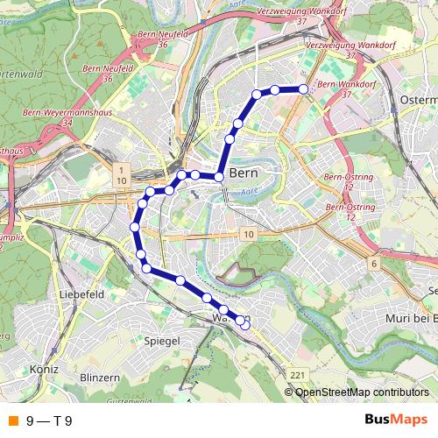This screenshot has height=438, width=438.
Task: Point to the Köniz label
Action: coord(43,370)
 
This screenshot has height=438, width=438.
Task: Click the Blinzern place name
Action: coord(99,376)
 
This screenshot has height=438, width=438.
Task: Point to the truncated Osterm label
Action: coord(418,101)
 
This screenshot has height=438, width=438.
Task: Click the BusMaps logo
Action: coord(395,420)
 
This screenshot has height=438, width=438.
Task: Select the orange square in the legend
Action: coord(12,420)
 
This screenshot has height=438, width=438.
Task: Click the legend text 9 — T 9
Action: coord(49,420)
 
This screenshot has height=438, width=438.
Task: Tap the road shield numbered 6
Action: coord(373,263)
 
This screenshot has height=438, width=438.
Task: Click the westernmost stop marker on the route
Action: coord(135,227)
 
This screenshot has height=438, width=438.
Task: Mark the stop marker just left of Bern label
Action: coord(219,178)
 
